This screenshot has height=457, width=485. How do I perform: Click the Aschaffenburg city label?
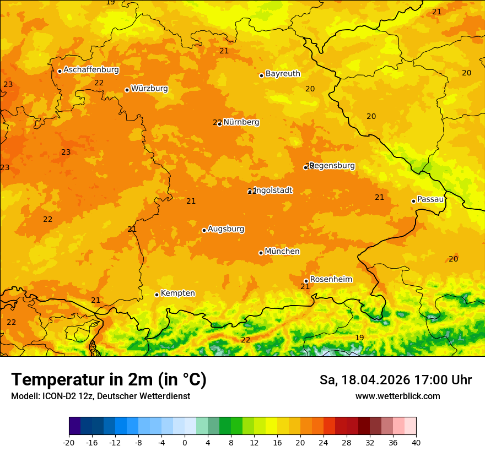[91, 70]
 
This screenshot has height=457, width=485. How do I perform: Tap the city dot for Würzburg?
[127, 90]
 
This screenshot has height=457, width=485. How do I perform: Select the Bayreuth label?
[283, 74]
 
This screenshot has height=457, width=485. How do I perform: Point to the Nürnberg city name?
[241, 122]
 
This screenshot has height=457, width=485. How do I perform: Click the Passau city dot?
[413, 201]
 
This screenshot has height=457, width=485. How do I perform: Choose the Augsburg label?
[226, 229]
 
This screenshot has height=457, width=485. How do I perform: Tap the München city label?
[282, 252]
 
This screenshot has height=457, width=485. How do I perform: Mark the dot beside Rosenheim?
[306, 281]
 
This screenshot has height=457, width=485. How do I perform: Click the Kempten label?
[177, 293]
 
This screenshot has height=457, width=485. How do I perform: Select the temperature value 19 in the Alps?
[359, 338]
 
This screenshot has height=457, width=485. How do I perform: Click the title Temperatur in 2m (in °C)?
[109, 380]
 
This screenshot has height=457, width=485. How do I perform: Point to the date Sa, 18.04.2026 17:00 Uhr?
[395, 380]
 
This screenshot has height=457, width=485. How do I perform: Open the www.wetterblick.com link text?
[397, 396]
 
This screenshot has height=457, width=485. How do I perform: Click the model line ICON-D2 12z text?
[100, 396]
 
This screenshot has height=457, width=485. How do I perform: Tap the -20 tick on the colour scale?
[69, 443]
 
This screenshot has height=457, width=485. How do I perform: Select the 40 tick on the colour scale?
[416, 443]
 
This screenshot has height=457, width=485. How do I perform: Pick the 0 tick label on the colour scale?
[185, 443]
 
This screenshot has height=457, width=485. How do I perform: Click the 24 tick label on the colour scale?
[324, 443]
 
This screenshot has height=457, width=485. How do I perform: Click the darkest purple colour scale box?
[75, 426]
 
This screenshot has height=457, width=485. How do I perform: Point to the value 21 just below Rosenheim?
[305, 287]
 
